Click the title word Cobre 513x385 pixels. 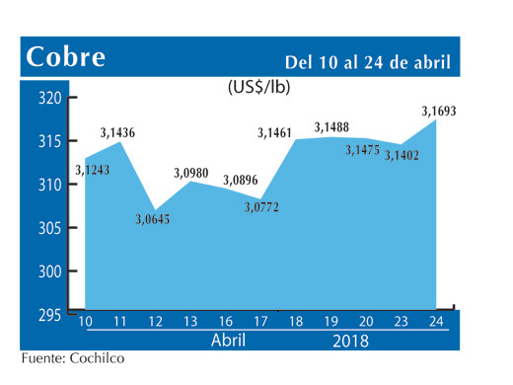coord(66,57)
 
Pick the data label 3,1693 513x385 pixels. coord(437,110)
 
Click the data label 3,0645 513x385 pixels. coord(152,218)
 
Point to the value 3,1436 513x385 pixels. coord(118,131)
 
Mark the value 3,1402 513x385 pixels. coord(403,154)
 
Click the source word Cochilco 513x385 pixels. coord(98,359)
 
